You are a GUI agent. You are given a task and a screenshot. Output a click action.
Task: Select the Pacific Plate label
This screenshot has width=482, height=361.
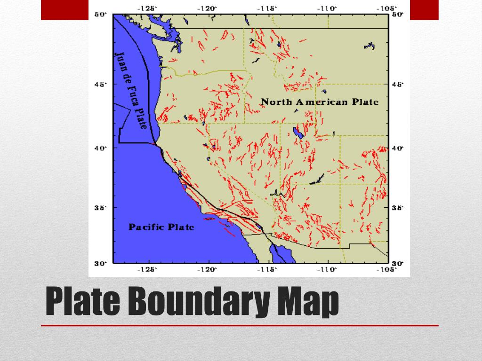tap(161, 227)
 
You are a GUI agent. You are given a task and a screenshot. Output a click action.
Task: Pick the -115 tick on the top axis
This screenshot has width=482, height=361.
tap(268, 8)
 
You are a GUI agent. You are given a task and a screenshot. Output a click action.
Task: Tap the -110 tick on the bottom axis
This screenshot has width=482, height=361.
tap(328, 269)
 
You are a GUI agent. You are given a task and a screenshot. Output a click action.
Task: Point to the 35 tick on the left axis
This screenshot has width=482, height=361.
tap(102, 207)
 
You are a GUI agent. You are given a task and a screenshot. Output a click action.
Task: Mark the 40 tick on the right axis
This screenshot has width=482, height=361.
tap(398, 148)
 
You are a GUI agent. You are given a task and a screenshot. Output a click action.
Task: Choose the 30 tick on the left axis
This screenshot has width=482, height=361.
tap(102, 263)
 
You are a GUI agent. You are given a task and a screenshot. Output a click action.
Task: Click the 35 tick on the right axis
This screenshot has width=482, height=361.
tap(398, 207)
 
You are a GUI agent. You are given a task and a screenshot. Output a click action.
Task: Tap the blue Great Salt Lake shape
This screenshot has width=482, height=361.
tap(297, 133)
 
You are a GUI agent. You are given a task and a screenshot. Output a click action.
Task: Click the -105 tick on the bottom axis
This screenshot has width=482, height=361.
tap(388, 269)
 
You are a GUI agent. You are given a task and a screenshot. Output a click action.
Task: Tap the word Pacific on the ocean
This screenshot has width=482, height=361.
tap(146, 227)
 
